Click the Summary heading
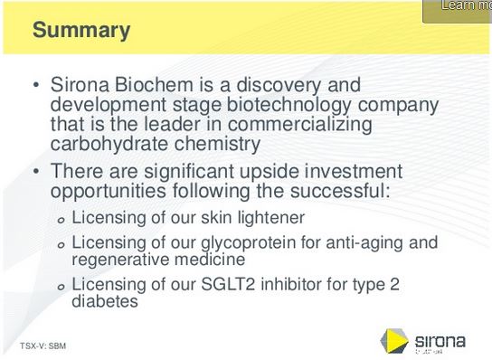[x=81, y=30]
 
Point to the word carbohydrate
[x=108, y=143]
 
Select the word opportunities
[x=110, y=191]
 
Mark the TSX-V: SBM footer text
[x=43, y=346]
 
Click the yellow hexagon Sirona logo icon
[x=393, y=341]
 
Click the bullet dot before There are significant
[x=36, y=172]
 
